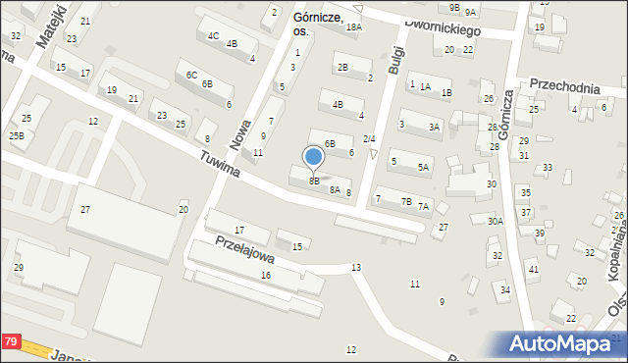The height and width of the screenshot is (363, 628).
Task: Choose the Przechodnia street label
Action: point(564,87)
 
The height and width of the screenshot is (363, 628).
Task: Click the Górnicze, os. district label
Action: point(316,24)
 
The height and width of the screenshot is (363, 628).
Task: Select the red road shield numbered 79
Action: point(11,341)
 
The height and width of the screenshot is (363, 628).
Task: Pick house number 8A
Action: point(335,190)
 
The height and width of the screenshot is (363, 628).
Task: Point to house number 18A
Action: point(353,27)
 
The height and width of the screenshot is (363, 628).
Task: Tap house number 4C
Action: point(212,36)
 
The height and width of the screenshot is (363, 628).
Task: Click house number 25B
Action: point(17,136)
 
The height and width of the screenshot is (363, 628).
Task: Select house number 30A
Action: point(496,222)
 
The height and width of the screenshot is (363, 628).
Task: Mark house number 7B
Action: point(405,202)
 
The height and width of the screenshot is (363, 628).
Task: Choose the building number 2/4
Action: point(369,139)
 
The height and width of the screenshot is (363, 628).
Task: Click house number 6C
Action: point(191,76)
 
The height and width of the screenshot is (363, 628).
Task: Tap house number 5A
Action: point(423,168)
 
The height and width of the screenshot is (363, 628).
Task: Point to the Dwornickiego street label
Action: point(442,28)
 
